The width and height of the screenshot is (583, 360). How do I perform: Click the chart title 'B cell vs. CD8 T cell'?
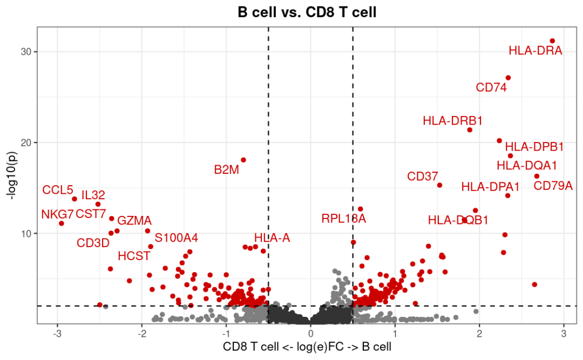(x=307, y=12)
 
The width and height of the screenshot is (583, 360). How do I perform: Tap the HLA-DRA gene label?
(x=535, y=51)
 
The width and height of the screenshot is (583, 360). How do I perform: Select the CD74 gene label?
(x=491, y=87)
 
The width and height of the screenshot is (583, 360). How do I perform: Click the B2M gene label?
(x=226, y=170)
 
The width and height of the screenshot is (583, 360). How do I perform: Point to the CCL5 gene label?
(x=58, y=191)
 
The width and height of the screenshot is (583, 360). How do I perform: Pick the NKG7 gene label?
(x=57, y=214)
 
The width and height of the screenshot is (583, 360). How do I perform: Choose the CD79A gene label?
(x=553, y=186)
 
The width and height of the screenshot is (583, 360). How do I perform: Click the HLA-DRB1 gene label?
(x=452, y=121)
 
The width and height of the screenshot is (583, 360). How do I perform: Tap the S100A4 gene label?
(x=177, y=238)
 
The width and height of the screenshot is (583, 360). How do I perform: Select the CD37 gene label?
(x=423, y=176)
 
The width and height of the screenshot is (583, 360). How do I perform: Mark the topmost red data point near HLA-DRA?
(x=552, y=41)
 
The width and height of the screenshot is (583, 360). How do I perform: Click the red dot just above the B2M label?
(x=243, y=160)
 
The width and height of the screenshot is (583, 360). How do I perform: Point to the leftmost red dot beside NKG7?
(x=62, y=223)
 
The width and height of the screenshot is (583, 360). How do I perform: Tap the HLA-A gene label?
(x=272, y=238)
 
